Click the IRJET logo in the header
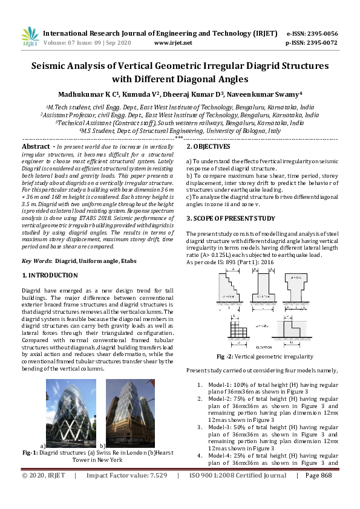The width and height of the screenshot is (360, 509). tap(30, 37)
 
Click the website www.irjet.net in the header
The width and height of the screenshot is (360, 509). tap(173, 43)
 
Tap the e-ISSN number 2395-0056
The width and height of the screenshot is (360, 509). tap(322, 34)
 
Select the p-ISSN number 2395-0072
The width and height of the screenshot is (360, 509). tap(322, 43)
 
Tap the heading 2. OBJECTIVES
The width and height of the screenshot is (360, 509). tap(208, 146)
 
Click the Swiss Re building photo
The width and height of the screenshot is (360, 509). tap(71, 413)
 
